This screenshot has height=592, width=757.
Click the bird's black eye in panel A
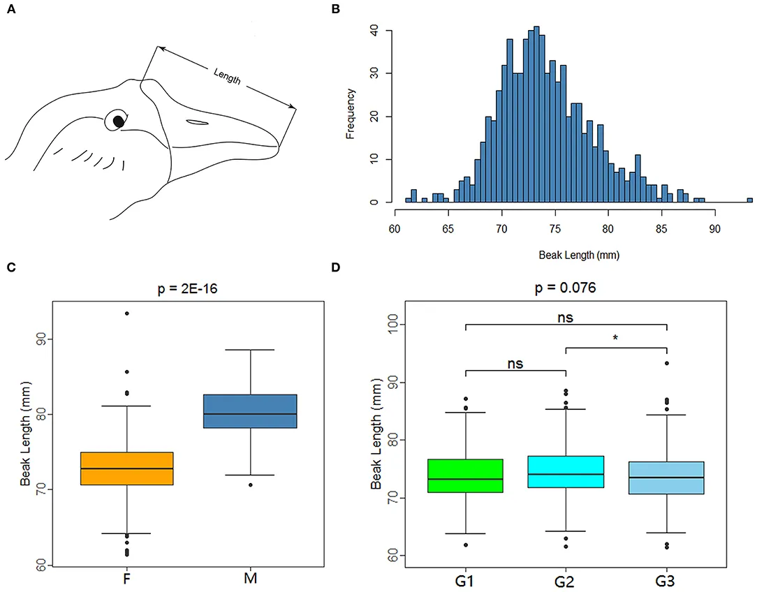(x=119, y=121)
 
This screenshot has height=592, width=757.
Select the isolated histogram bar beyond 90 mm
(x=749, y=200)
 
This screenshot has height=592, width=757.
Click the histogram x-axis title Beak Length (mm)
(x=579, y=256)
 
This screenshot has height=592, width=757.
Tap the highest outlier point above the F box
(x=127, y=313)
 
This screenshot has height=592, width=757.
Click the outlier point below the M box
(x=250, y=484)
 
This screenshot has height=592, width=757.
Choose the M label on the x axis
(x=250, y=579)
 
